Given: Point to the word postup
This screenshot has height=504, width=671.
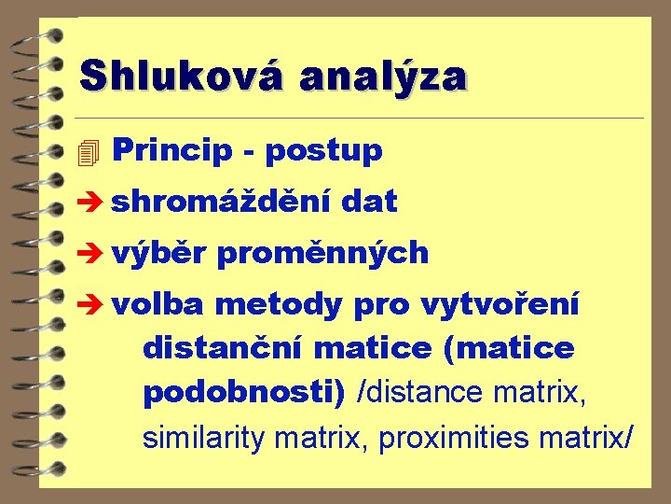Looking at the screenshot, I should click(x=323, y=151).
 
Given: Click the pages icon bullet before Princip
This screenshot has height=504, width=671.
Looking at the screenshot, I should click(x=89, y=151).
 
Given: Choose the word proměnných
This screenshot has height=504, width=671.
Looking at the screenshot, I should click(x=321, y=253).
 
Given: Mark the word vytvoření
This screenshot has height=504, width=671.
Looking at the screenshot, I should click(x=500, y=304).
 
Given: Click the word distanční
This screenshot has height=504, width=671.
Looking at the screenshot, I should click(x=224, y=348).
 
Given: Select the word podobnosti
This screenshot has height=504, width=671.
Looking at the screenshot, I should click(x=243, y=392).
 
